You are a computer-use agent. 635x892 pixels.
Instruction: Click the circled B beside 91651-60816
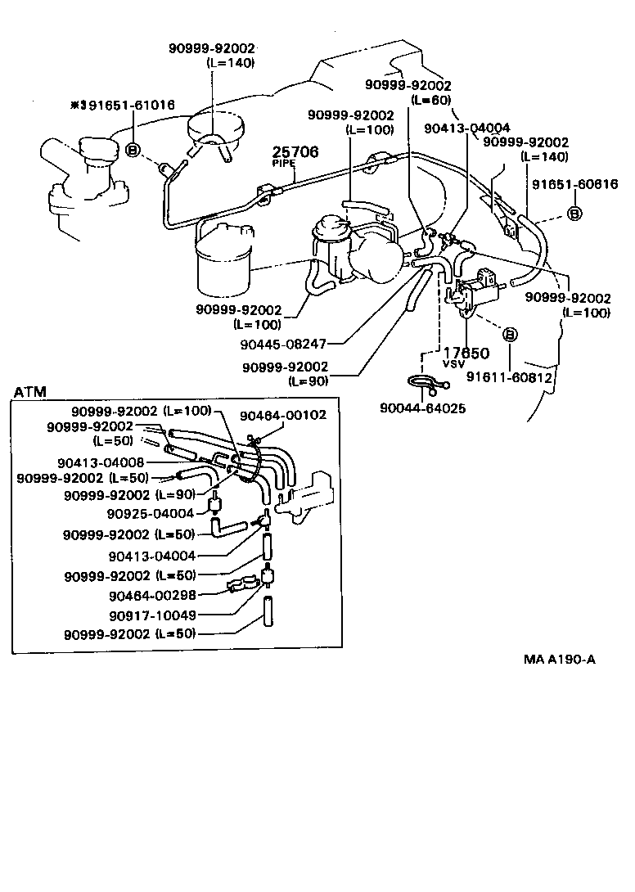click(574, 214)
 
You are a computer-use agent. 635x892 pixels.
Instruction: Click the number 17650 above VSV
click(466, 353)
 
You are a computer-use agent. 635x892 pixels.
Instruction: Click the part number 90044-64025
click(423, 407)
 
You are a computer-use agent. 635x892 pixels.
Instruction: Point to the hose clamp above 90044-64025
click(425, 382)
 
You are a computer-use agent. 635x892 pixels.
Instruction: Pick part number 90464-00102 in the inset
click(283, 415)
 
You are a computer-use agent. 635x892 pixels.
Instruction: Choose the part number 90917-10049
click(152, 615)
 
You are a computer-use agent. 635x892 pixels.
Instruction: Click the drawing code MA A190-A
click(560, 659)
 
